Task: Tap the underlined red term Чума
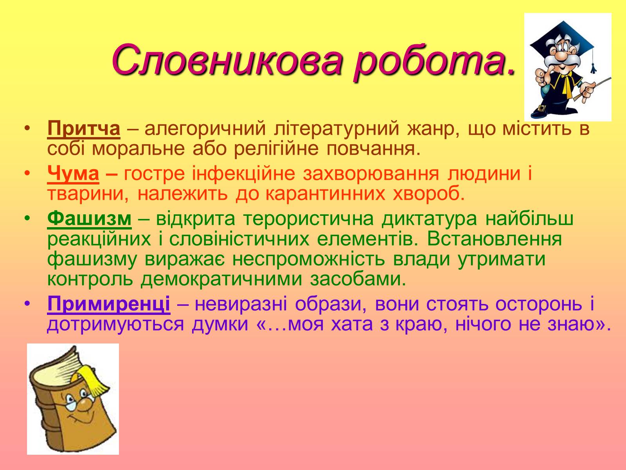[x=73, y=174]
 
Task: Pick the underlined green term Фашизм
[x=89, y=219]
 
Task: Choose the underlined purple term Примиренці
[x=109, y=304]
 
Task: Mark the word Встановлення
[x=494, y=239]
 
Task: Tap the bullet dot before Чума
[x=27, y=173]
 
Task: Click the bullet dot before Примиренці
[x=27, y=303]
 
